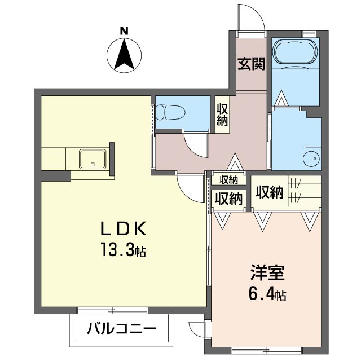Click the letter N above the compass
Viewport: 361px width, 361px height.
pos(124,31)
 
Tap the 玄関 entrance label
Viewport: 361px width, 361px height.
pos(252,64)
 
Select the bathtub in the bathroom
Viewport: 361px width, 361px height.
pos(296,52)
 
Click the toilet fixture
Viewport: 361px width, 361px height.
pos(170,112)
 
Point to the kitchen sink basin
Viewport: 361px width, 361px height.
pos(93,159)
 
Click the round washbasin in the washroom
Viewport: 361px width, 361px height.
pos(311,159)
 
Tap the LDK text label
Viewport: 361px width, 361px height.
pos(124,228)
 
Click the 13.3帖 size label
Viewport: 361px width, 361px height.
pos(124,250)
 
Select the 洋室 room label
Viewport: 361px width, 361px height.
pos(267,273)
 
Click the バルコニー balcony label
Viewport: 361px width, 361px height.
pos(122,329)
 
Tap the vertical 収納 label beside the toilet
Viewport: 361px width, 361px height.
pos(222,115)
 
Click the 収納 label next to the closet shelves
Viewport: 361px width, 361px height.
pos(270,192)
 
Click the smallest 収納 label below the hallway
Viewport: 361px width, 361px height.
pos(228,180)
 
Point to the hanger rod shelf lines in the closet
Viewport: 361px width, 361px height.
pos(296,188)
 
